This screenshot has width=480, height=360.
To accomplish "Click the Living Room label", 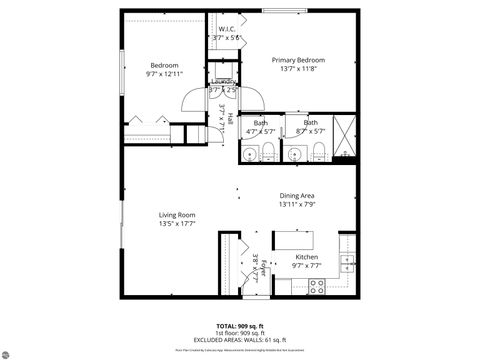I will tap(176, 215).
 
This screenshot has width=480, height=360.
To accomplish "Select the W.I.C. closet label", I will tap(227, 30).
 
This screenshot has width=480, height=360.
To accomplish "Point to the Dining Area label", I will tap(298, 196).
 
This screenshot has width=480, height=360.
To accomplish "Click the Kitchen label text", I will tap(306, 257).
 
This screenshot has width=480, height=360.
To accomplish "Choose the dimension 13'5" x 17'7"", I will tap(176, 224).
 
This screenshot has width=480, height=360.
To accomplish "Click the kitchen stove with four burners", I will tap(316, 285).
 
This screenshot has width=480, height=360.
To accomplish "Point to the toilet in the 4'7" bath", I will tap(270, 152).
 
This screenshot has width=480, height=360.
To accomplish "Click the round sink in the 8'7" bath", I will tap(294, 153).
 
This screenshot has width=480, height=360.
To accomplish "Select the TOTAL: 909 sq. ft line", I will tap(240, 326).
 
